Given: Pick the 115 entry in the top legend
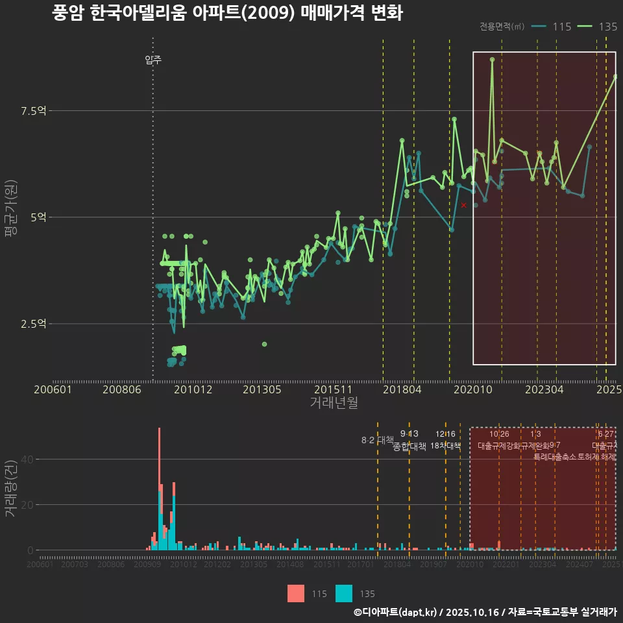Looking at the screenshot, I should pos(552,27).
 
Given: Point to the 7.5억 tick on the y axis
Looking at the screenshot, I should pos(33,111).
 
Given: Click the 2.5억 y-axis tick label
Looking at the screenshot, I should pos(33,324).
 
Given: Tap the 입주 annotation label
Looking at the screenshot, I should pos(153,60).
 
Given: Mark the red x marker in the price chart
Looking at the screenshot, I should pos(463,205).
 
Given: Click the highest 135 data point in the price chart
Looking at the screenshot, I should pos(492,60).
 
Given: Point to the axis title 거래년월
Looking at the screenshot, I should pos(334,403).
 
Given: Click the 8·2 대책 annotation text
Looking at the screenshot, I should pos(378,440).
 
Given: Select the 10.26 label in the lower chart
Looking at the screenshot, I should pos(499,434).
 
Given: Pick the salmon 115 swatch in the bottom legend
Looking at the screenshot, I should pos(296,593).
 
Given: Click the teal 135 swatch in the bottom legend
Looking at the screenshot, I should pos(345,593).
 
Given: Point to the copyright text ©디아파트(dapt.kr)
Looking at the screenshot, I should pos(396,612).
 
